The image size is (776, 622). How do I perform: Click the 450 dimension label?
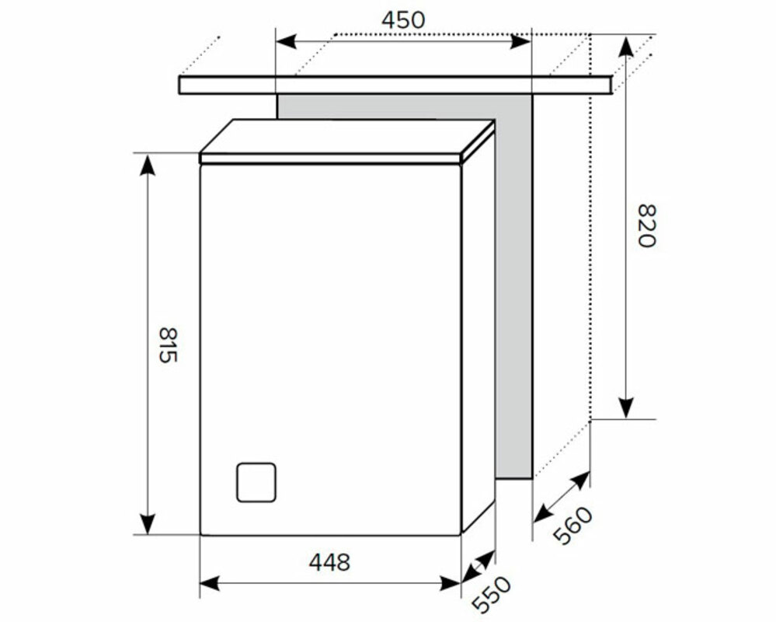pyautogui.click(x=403, y=20)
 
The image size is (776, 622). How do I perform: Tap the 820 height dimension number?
pyautogui.click(x=646, y=225)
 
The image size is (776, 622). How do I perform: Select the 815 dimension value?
pyautogui.click(x=167, y=344)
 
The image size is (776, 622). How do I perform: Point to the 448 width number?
pyautogui.click(x=329, y=562)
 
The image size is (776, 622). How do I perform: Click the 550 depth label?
pyautogui.click(x=491, y=594)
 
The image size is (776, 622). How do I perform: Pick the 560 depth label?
pyautogui.click(x=572, y=525)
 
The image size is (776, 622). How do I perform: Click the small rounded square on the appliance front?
pyautogui.click(x=256, y=482)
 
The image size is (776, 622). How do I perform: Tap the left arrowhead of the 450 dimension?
pyautogui.click(x=286, y=42)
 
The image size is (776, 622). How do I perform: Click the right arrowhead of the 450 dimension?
pyautogui.click(x=520, y=42)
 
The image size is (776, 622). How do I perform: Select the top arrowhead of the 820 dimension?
pyautogui.click(x=627, y=47)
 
